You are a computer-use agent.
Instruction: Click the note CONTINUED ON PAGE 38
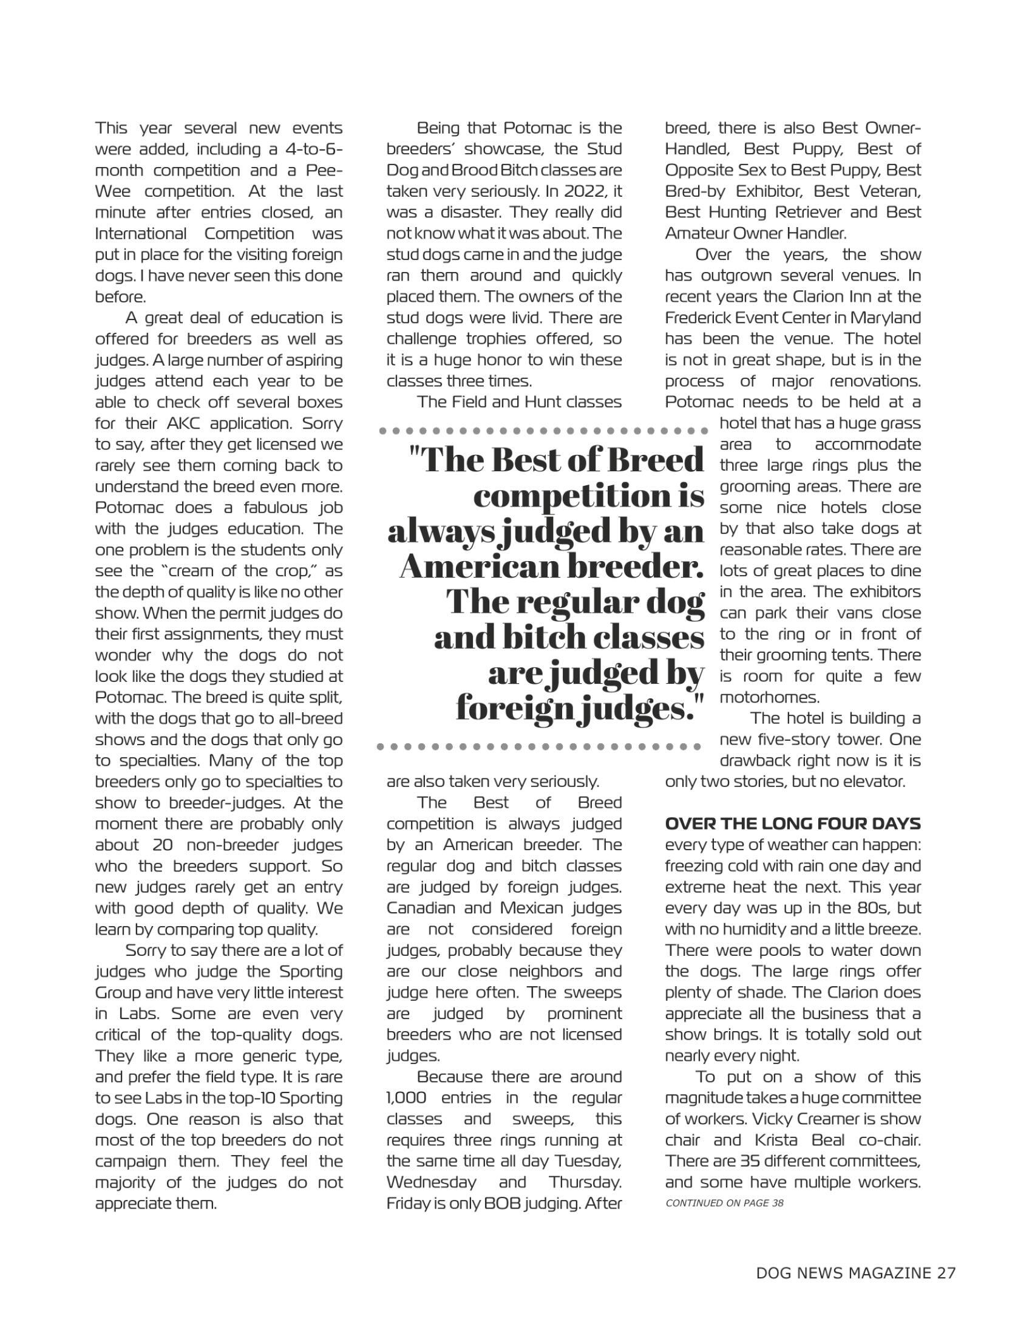click(x=724, y=1203)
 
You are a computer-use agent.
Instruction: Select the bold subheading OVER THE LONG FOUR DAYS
click(x=792, y=824)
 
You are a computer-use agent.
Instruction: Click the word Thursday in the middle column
click(x=585, y=1182)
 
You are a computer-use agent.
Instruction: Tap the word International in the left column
click(x=140, y=234)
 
